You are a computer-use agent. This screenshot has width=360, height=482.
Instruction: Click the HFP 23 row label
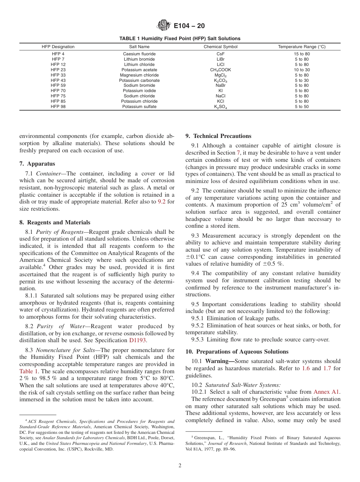click(58, 70)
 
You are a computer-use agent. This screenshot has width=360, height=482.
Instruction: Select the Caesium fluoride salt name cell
click(139, 54)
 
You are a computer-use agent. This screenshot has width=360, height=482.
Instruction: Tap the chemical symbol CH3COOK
click(220, 70)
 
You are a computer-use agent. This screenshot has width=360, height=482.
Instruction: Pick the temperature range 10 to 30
click(302, 70)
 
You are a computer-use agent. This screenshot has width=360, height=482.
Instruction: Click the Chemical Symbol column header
click(221, 47)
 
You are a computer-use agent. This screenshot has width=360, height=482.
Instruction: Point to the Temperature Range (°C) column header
click(302, 47)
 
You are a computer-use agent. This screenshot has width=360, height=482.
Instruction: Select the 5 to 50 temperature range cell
click(302, 106)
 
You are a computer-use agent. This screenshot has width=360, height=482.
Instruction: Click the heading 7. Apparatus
click(37, 164)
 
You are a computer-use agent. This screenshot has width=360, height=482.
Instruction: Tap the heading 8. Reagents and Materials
click(55, 222)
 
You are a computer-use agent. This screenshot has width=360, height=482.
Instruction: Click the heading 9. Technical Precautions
click(218, 136)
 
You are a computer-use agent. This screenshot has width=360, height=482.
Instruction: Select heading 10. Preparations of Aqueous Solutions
click(237, 352)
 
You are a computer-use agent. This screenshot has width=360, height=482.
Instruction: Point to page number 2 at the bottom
click(180, 466)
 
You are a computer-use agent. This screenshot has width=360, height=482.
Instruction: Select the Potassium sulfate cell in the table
click(139, 106)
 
